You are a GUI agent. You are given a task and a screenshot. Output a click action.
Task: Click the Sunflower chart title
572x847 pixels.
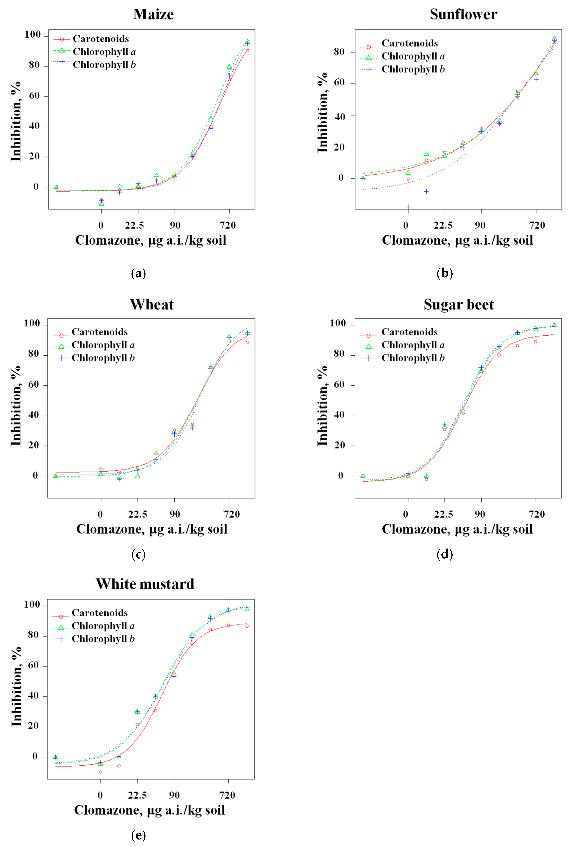click(x=463, y=14)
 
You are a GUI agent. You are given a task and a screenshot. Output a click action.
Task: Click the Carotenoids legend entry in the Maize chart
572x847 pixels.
click(x=101, y=39)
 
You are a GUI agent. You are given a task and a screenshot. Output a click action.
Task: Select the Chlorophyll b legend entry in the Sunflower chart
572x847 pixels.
click(x=413, y=69)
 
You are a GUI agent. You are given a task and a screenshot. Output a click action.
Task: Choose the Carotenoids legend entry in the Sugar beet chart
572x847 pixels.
click(x=409, y=332)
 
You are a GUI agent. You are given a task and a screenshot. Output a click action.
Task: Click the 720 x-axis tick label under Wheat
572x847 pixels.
click(x=231, y=514)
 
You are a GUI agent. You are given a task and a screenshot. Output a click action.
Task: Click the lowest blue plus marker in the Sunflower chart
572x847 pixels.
click(x=408, y=207)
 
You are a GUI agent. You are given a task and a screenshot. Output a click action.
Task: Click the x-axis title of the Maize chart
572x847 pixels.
click(x=150, y=240)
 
